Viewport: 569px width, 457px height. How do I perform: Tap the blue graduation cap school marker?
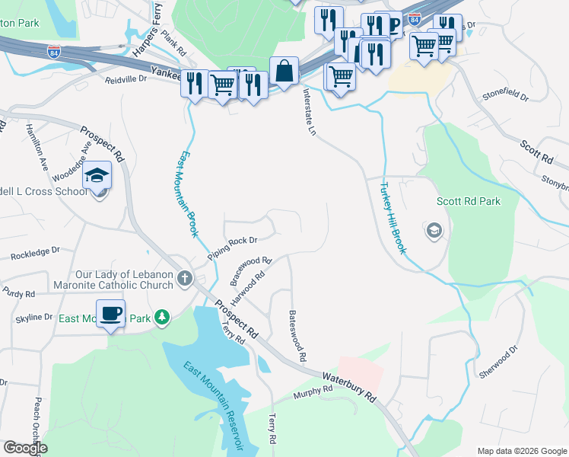[97, 177]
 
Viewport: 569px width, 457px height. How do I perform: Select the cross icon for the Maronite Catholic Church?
[184, 279]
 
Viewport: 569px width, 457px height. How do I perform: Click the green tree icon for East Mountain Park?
[161, 317]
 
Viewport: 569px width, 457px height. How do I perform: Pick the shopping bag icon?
[284, 72]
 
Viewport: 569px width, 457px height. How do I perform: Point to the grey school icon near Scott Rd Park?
[434, 230]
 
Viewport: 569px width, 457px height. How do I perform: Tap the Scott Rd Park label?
[469, 202]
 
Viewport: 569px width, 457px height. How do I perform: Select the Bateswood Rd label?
[297, 335]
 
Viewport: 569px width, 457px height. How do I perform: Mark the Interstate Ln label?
[309, 111]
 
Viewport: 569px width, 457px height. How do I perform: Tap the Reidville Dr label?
[126, 79]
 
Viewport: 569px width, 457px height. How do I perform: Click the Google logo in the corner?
[26, 448]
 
